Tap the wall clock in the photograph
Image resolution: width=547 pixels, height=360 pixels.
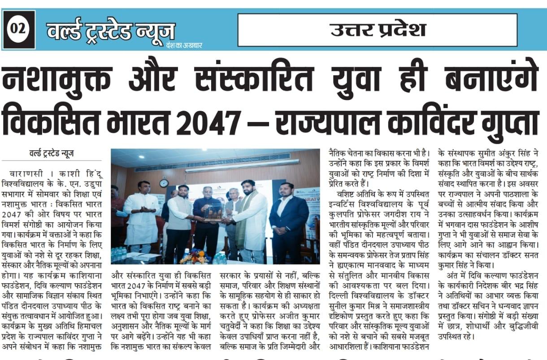pyautogui.click(x=164, y=183)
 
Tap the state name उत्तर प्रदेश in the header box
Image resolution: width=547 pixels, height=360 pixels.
pyautogui.click(x=378, y=30)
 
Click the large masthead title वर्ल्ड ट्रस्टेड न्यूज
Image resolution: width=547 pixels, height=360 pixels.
pyautogui.click(x=111, y=31)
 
